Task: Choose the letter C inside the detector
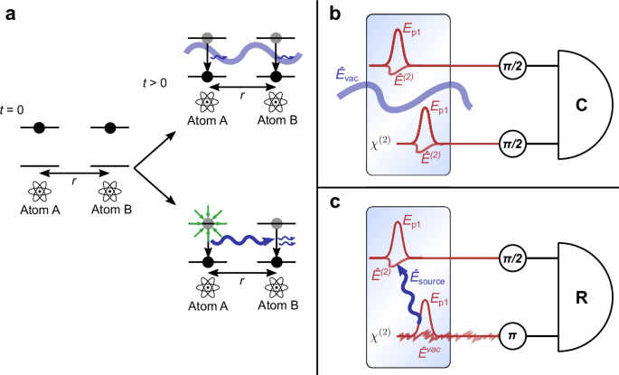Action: pyautogui.click(x=583, y=105)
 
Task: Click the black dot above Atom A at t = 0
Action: pyautogui.click(x=38, y=127)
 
